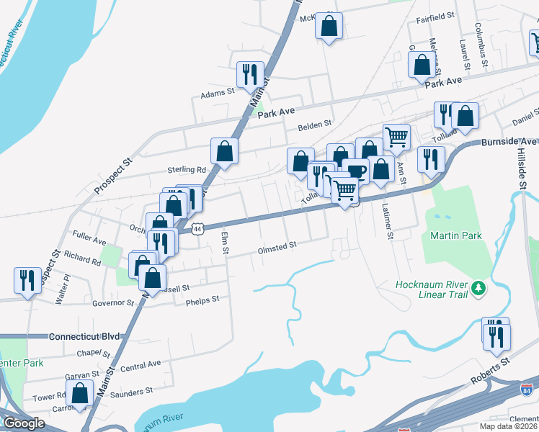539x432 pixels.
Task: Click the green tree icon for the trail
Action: click(477, 289)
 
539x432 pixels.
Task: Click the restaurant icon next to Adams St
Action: click(250, 75)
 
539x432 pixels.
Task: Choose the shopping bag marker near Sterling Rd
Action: click(224, 151)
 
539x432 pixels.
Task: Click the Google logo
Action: click(24, 423)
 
